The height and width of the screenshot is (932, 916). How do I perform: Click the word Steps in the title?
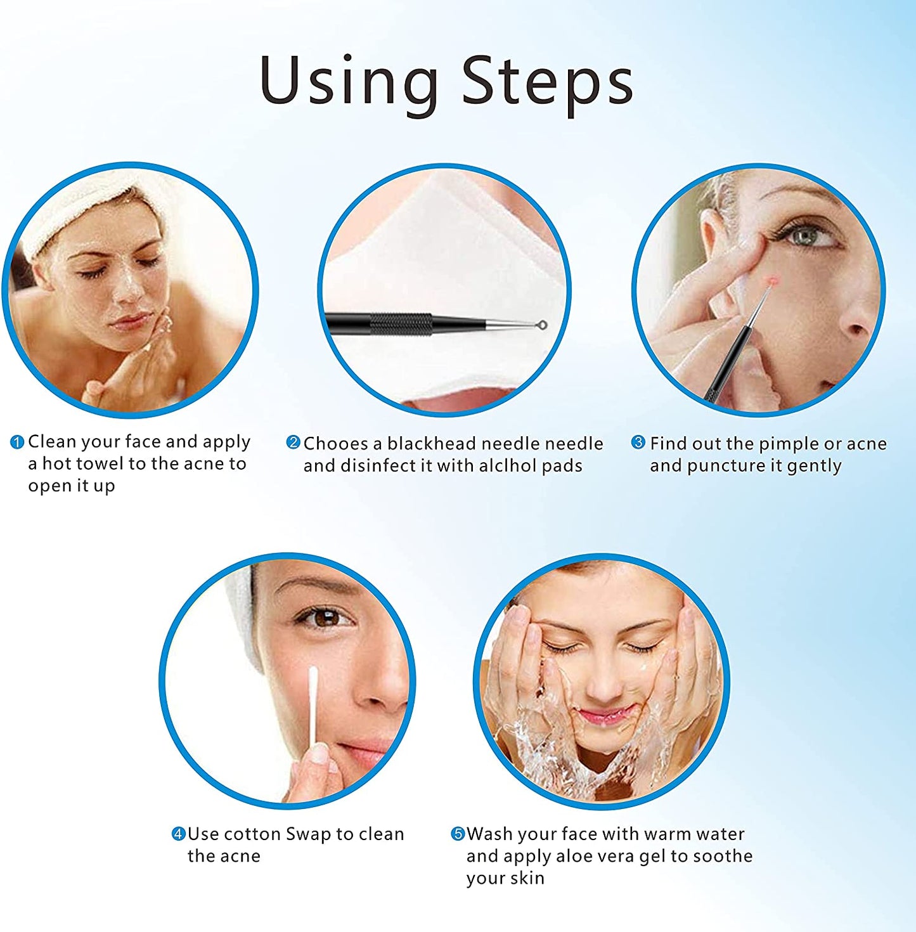(x=547, y=81)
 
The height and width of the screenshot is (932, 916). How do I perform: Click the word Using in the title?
(x=349, y=81)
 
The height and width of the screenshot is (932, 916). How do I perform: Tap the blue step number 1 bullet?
(x=17, y=442)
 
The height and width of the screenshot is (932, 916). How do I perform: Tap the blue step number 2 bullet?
(x=293, y=443)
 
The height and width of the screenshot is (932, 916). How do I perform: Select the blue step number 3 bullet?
(x=638, y=443)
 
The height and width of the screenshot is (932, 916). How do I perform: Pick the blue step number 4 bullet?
(x=178, y=834)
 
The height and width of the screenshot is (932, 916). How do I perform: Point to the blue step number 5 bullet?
(x=458, y=834)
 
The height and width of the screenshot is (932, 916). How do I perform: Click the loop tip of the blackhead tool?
(x=541, y=325)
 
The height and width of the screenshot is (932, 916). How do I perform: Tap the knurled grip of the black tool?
(x=401, y=324)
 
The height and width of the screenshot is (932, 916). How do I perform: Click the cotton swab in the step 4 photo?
(x=313, y=704)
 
